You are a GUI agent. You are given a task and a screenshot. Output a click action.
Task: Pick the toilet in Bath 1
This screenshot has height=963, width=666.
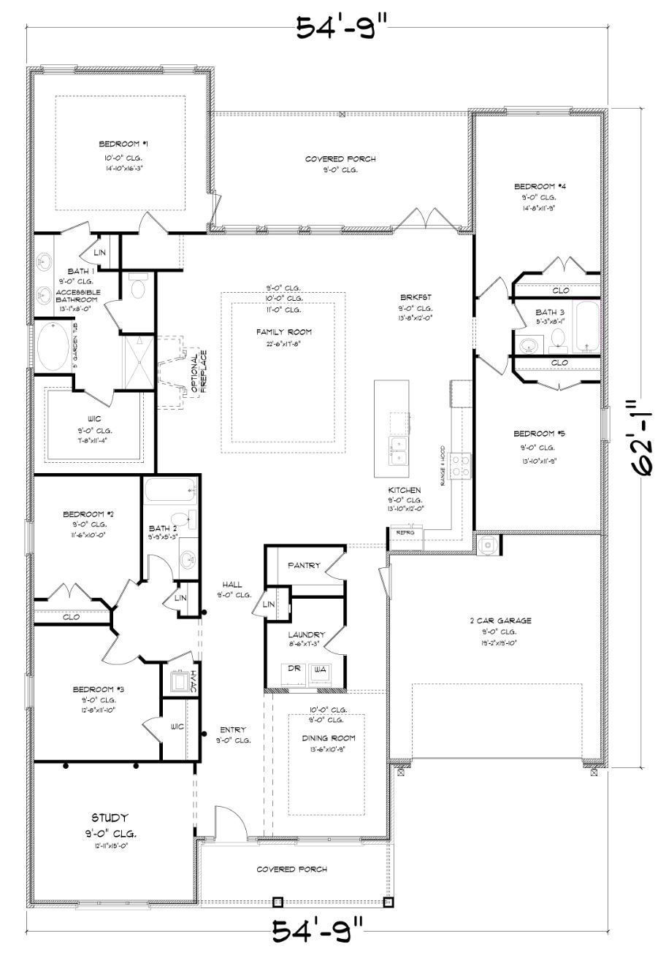[137, 286]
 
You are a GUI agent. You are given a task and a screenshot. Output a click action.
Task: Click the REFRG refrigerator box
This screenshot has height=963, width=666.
[405, 533]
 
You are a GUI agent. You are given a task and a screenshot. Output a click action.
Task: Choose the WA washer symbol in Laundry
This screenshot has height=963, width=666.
[319, 670]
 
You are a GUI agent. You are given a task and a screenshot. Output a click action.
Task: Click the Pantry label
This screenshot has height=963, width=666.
[304, 565]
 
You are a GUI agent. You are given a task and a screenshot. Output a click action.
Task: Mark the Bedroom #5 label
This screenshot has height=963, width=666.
[538, 433]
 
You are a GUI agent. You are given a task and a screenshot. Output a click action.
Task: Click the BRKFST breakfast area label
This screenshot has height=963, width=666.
[416, 297]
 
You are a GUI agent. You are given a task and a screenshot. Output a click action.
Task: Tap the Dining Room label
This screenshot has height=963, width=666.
[327, 738]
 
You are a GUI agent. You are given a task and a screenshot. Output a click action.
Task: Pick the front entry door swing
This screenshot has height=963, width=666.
[230, 821]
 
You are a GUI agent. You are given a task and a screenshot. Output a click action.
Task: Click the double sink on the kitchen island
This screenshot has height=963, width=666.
[399, 450]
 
